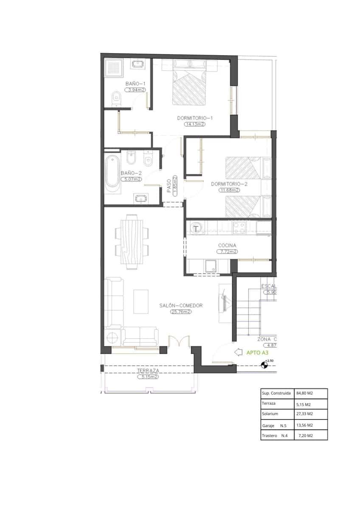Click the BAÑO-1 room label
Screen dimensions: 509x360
pyautogui.click(x=135, y=84)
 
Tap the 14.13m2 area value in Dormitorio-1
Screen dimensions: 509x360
pyautogui.click(x=194, y=124)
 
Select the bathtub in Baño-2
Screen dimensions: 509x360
pyautogui.click(x=112, y=172)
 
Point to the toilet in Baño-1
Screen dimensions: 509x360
pyautogui.click(x=116, y=99)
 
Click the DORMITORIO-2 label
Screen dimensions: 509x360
pyautogui.click(x=229, y=184)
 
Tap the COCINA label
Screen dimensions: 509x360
pyautogui.click(x=227, y=245)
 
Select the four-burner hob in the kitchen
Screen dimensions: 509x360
pyautogui.click(x=239, y=228)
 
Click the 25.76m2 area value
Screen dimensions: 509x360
pyautogui.click(x=181, y=312)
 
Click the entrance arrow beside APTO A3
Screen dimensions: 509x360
pyautogui.click(x=238, y=352)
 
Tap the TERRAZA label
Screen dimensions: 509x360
pyautogui.click(x=148, y=370)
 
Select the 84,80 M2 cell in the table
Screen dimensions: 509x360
pyautogui.click(x=304, y=393)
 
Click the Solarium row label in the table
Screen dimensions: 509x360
pyautogui.click(x=270, y=414)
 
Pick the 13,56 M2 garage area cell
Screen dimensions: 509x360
pyautogui.click(x=304, y=425)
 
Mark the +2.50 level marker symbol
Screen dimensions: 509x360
pyautogui.click(x=265, y=364)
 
